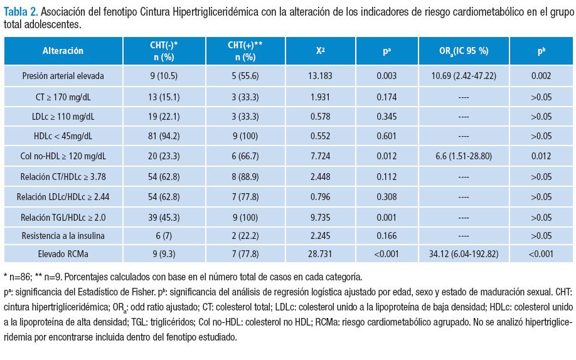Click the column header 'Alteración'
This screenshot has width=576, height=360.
[x=63, y=51]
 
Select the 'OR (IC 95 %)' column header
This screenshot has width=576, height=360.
[x=464, y=51]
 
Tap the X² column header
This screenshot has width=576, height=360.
[x=321, y=51]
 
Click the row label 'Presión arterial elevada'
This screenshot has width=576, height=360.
[x=63, y=76]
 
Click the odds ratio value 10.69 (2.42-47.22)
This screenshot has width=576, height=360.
[x=464, y=76]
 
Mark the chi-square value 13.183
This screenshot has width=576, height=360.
[x=321, y=76]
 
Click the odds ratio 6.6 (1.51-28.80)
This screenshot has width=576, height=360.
[x=464, y=156]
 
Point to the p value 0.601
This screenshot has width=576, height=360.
[x=387, y=136]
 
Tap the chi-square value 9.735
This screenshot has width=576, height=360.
[x=321, y=216]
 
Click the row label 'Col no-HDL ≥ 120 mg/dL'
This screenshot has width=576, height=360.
[x=63, y=156]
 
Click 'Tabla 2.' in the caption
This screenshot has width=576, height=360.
[x=20, y=13]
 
